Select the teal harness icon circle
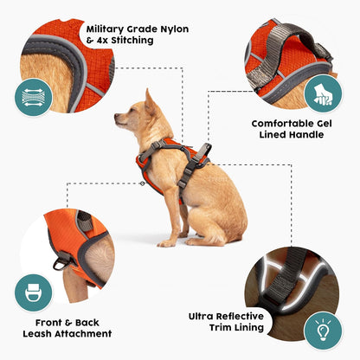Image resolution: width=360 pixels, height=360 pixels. tap(32, 292)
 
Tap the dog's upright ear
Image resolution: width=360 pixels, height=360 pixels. tap(150, 100)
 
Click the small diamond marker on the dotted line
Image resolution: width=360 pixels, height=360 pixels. tap(142, 183)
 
